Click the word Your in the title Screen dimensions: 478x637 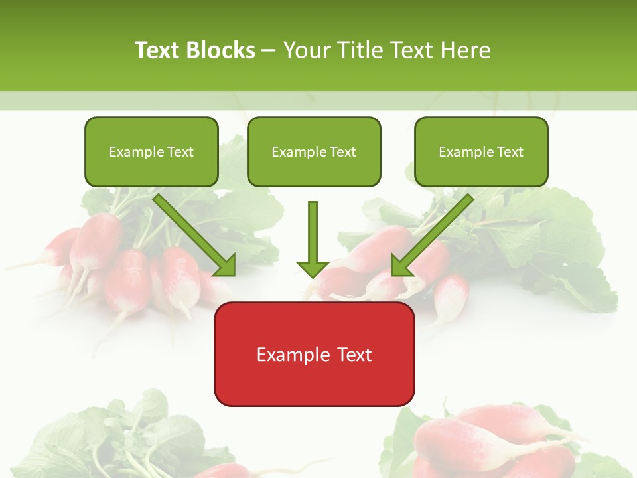point(306,50)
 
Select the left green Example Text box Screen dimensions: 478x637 point(151,152)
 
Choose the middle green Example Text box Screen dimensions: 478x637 point(314,152)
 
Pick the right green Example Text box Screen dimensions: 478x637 point(481,152)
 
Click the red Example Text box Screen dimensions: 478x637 point(314,354)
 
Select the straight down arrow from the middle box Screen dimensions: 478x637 point(313,232)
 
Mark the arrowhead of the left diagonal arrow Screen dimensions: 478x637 point(226,266)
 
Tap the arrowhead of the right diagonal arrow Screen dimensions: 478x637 point(401,266)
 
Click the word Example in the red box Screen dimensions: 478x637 point(290,355)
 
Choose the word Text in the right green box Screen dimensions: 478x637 point(510,152)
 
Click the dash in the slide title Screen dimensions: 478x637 point(269,50)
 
